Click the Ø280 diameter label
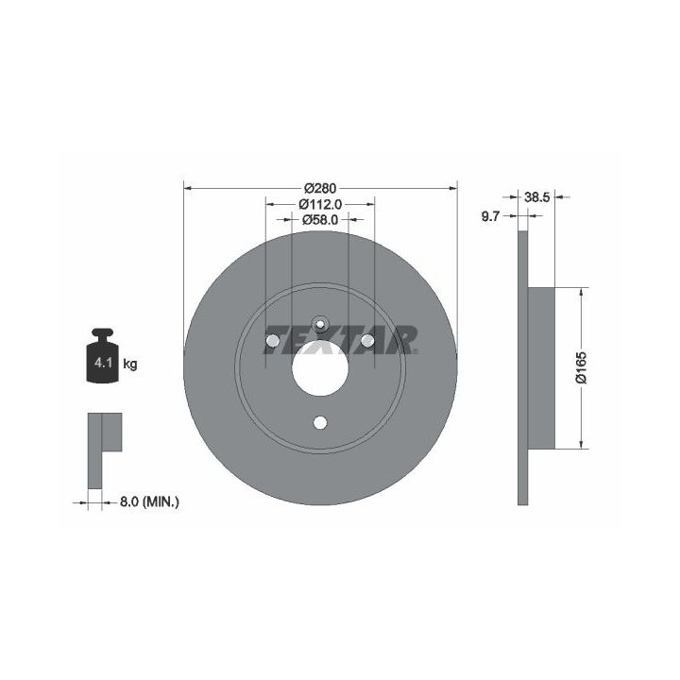point(320,188)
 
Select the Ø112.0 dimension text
point(320,204)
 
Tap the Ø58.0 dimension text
point(320,220)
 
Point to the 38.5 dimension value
point(536,197)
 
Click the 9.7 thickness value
point(490,216)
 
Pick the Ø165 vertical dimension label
point(581,367)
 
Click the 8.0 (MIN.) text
point(149,502)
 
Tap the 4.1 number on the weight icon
point(103,362)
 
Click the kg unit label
point(130,364)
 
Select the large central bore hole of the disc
point(320,367)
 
